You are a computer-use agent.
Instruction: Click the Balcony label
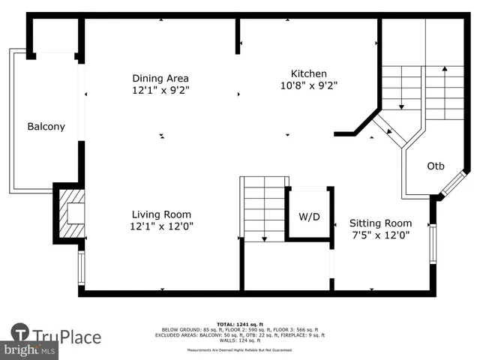coord(46,127)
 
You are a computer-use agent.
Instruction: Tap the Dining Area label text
coord(160,78)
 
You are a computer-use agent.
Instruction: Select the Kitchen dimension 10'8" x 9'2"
coord(308,85)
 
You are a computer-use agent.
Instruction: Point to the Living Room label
coord(161,213)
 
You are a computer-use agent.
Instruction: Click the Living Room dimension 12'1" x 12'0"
coord(161,225)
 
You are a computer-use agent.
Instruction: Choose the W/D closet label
coord(309,217)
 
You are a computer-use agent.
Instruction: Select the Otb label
coord(436,166)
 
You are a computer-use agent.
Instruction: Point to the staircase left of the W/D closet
coord(263,208)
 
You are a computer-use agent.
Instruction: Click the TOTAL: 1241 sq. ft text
coord(240,323)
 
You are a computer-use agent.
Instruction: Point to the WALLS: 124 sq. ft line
coord(240,341)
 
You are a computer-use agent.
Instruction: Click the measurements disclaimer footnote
coord(240,350)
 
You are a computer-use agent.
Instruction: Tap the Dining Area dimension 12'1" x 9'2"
coord(160,90)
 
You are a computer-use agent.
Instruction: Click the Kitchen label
coord(308,73)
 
